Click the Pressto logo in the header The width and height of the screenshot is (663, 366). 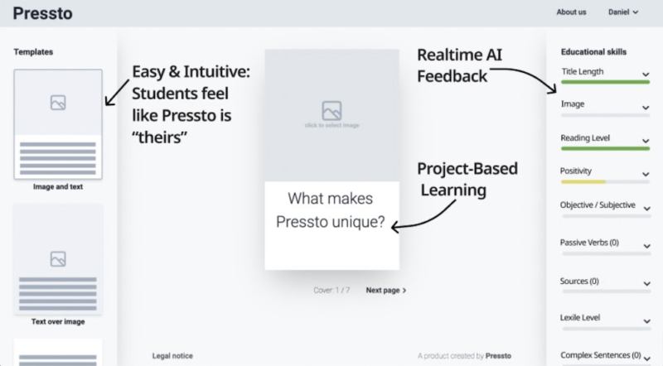coord(42,12)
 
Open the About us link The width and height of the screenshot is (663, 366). coord(571,12)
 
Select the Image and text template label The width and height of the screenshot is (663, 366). coord(58,187)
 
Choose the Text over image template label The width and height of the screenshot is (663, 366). coord(58,321)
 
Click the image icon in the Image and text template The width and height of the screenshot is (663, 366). coord(58,103)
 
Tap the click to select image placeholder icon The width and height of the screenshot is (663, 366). coord(331,110)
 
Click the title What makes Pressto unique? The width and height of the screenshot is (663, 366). coord(331,210)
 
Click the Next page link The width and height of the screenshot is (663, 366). coord(386,291)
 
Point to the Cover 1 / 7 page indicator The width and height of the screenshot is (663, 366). coord(332,291)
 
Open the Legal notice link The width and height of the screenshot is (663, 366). coord(172,356)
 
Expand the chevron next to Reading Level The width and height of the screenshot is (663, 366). coord(645,139)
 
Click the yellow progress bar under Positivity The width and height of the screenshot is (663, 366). coord(583,181)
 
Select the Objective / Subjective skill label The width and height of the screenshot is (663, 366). coord(598,205)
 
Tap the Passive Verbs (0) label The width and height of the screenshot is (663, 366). coord(589,243)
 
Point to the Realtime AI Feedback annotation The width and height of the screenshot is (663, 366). coord(460,65)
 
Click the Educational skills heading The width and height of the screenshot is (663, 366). coord(593,51)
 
